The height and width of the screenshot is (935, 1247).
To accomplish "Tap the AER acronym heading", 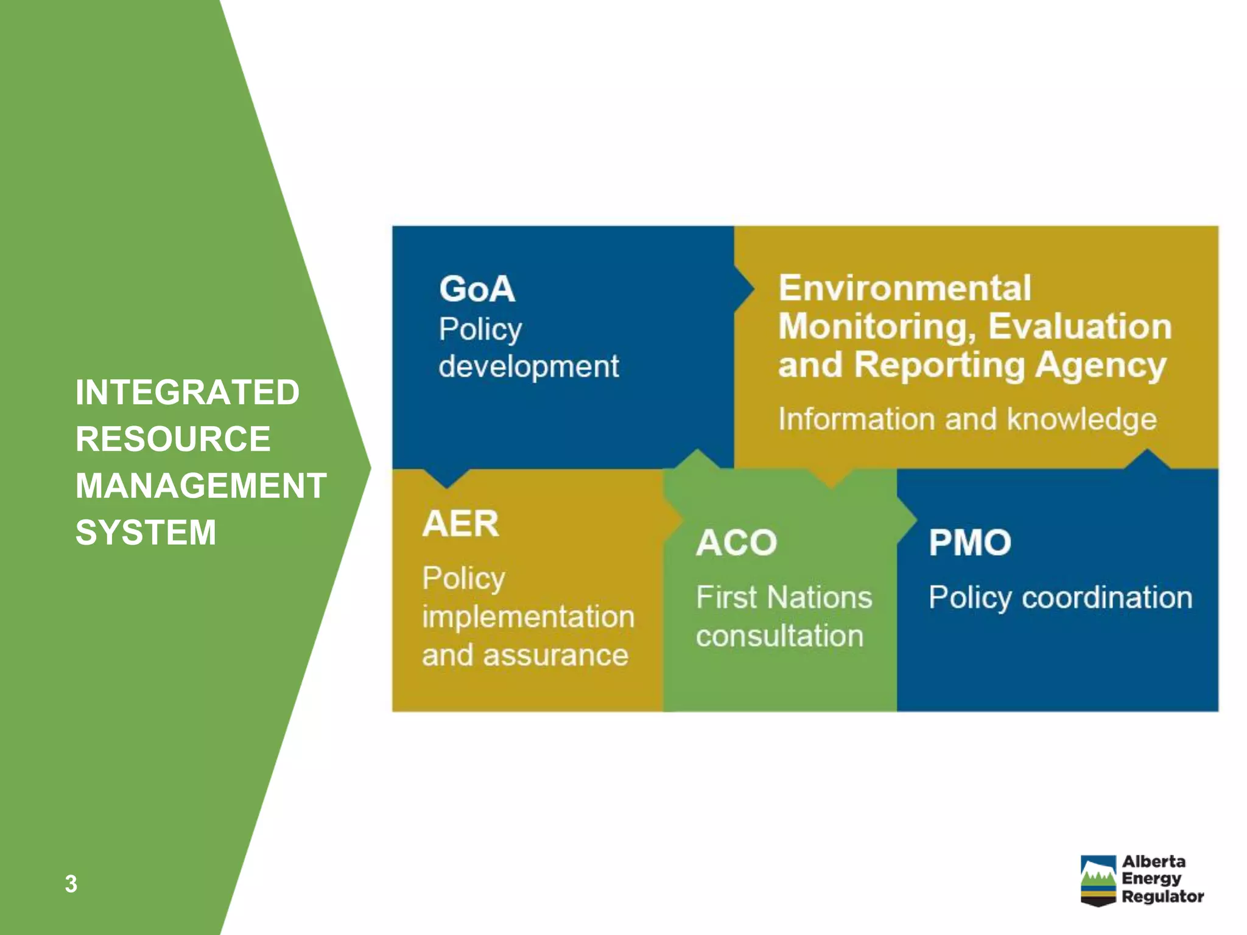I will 460,524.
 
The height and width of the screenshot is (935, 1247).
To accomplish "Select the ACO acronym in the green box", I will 736,542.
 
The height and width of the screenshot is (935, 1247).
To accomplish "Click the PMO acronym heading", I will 969,542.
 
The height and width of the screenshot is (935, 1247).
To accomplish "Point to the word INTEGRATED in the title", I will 188,392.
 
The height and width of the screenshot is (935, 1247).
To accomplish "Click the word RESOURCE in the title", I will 173,439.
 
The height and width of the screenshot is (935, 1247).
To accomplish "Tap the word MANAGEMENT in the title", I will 201,486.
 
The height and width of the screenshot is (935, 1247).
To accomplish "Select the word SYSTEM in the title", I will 146,533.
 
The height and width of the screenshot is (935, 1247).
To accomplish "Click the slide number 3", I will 71,884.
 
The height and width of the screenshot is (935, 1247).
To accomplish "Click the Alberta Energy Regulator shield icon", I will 1098,880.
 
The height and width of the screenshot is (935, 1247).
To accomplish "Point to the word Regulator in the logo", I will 1162,897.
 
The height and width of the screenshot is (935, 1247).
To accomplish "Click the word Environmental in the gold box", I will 905,288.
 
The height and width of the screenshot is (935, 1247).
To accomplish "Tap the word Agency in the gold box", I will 1101,365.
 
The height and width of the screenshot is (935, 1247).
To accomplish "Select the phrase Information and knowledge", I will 967,419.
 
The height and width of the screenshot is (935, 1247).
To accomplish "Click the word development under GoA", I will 528,366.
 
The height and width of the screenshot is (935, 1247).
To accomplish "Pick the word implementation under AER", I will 528,617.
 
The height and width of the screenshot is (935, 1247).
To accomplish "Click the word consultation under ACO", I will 779,636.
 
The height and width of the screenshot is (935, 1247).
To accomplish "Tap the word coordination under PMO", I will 1106,597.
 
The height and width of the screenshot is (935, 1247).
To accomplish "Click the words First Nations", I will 784,597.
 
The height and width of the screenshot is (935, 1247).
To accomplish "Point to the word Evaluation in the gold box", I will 1080,326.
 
